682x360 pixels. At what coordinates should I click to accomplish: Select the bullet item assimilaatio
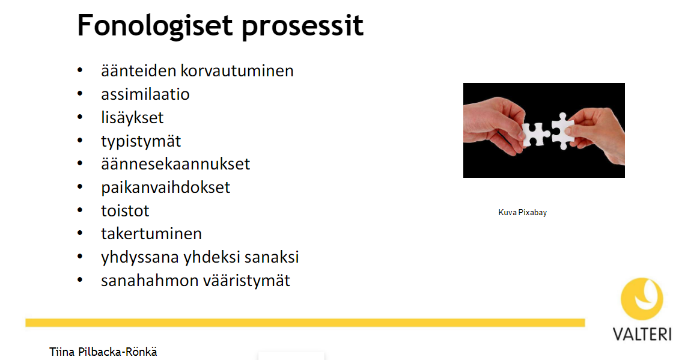click(x=145, y=94)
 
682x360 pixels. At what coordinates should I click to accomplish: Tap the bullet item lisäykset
click(x=132, y=118)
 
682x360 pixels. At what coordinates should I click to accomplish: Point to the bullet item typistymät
click(x=141, y=141)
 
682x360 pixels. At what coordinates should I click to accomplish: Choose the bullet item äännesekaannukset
click(x=175, y=164)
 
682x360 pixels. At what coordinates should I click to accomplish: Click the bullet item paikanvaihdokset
click(x=165, y=188)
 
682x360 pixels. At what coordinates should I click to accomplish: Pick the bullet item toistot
click(x=125, y=211)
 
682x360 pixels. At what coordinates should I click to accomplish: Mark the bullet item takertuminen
click(x=151, y=234)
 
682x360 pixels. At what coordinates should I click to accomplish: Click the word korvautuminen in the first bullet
click(x=237, y=71)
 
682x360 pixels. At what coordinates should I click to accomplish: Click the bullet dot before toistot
click(x=79, y=210)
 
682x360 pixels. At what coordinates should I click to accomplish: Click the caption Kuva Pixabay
click(x=522, y=212)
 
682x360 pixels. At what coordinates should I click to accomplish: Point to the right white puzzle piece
click(x=563, y=131)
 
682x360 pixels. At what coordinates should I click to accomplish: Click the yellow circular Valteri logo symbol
click(x=642, y=299)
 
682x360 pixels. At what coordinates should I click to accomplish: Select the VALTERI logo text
click(x=642, y=334)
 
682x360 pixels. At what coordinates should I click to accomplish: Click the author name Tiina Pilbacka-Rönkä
click(x=103, y=352)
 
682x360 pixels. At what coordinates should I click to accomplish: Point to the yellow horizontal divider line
click(x=305, y=323)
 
